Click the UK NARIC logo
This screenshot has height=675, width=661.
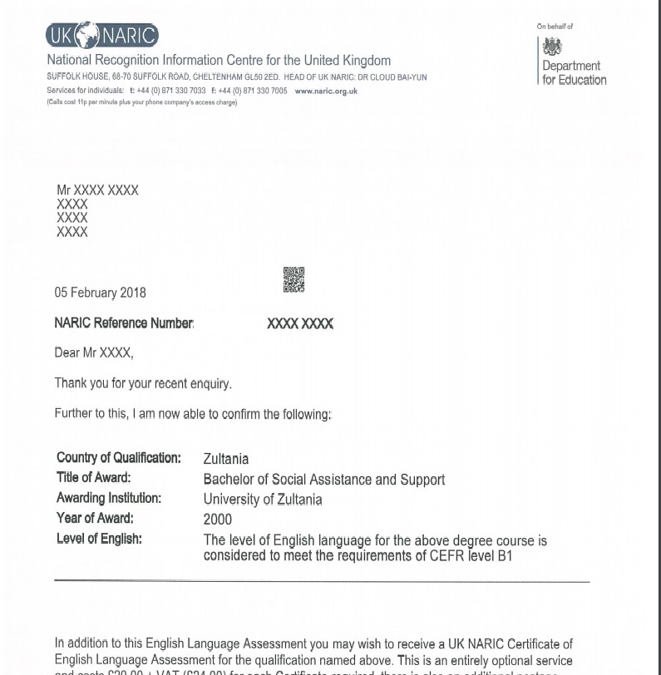click(x=101, y=36)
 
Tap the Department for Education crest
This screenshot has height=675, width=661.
click(x=551, y=47)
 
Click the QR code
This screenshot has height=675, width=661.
click(x=294, y=279)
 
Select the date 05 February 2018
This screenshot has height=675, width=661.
click(x=100, y=293)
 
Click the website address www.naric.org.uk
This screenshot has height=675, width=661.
click(x=326, y=91)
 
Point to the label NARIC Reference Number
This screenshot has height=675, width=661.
click(x=124, y=323)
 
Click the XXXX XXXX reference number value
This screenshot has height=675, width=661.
click(x=300, y=324)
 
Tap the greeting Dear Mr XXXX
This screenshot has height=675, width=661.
click(x=93, y=353)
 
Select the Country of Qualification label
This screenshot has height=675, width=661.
click(x=118, y=458)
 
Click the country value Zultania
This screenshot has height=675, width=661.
click(x=225, y=459)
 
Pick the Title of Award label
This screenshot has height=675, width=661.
click(x=94, y=478)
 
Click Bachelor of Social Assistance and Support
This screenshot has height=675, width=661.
click(x=323, y=480)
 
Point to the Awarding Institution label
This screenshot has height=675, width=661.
click(x=109, y=499)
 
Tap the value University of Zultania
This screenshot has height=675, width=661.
click(x=262, y=500)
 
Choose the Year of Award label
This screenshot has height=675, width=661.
click(x=94, y=519)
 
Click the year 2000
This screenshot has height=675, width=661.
click(x=217, y=520)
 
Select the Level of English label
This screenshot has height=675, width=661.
click(x=99, y=539)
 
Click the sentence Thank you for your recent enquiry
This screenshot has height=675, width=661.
click(x=143, y=383)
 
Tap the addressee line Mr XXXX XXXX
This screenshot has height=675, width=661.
click(x=97, y=190)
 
